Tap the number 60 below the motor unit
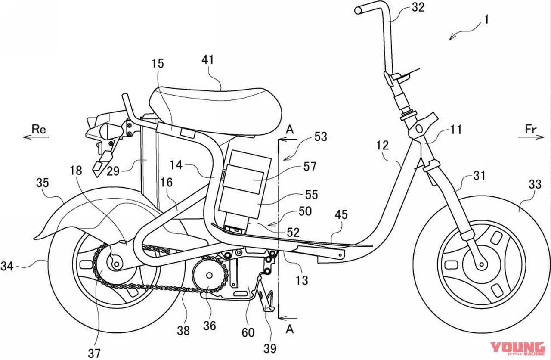click(x=248, y=332)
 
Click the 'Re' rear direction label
click(x=38, y=128)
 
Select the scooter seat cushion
click(x=215, y=108)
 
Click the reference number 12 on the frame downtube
click(x=382, y=145)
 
